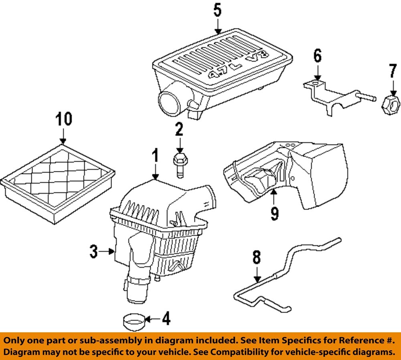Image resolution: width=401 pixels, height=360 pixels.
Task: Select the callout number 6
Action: (317, 56)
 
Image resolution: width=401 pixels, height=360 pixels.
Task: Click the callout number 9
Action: (274, 213)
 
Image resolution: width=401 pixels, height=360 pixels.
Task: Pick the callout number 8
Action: (257, 257)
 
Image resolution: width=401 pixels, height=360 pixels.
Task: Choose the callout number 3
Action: (93, 252)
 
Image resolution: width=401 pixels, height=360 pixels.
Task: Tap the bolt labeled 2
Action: (179, 164)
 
